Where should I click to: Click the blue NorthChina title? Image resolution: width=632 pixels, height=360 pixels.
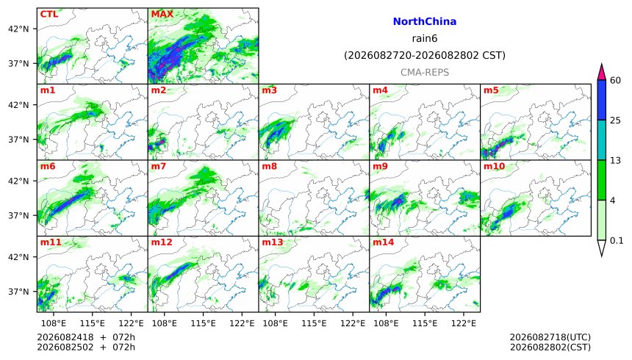[425, 21]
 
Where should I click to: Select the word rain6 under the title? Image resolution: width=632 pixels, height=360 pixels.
[425, 38]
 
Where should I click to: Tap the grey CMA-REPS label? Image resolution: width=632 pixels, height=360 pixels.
[425, 73]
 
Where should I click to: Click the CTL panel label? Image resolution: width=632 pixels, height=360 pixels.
[49, 14]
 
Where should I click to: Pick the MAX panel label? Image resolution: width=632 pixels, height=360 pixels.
[162, 14]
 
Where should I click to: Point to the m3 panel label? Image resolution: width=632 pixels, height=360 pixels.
[269, 90]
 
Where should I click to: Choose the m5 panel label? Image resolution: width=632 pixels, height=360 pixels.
[491, 90]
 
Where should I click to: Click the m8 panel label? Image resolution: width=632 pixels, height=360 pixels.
[269, 166]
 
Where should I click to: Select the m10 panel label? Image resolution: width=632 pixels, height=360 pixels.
[494, 166]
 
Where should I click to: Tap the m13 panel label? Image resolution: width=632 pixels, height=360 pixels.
[273, 242]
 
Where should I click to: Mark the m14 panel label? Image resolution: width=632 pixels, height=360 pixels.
[384, 242]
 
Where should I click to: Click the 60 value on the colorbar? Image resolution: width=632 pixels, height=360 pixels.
[615, 80]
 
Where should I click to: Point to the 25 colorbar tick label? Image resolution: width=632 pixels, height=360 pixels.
[615, 120]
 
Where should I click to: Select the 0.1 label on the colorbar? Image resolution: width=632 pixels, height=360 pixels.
[617, 241]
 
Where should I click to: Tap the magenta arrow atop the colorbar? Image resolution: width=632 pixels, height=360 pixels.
[602, 73]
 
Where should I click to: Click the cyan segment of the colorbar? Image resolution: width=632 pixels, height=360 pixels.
[602, 140]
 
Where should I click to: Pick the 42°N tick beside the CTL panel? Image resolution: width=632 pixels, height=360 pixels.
[18, 29]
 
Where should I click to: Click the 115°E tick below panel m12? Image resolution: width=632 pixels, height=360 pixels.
[203, 323]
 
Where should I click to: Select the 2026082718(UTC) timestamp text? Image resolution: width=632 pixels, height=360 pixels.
[550, 337]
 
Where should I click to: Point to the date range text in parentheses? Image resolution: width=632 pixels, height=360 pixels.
[425, 55]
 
